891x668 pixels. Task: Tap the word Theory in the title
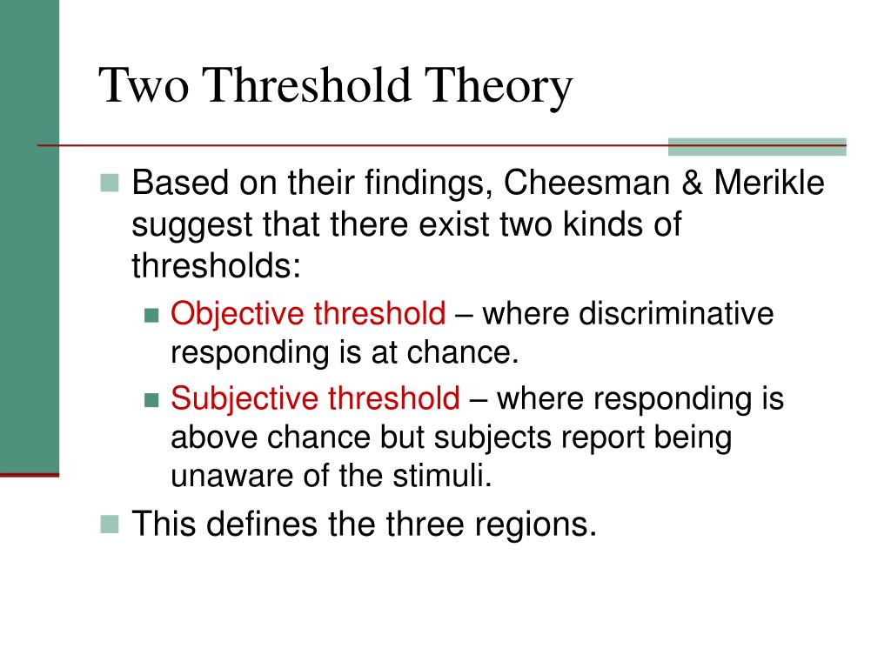coord(499,87)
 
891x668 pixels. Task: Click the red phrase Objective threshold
coord(308,314)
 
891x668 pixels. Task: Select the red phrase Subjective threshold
coord(315,398)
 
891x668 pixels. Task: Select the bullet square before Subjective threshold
coord(152,400)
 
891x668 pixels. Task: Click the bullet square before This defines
coord(109,524)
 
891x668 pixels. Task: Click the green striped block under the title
coord(756,146)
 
